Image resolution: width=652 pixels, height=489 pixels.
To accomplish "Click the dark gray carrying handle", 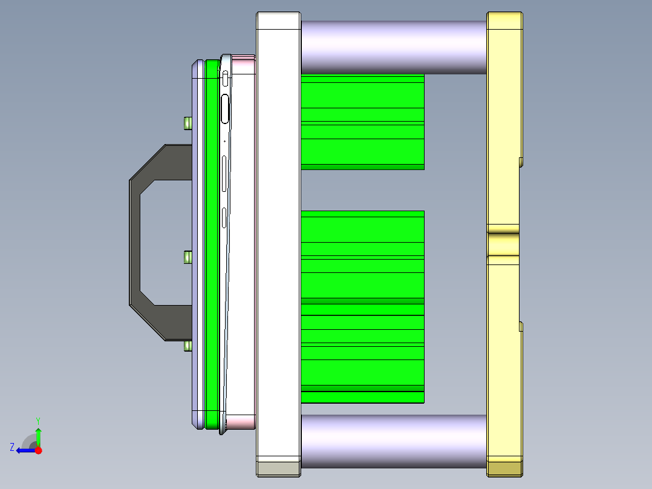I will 135,242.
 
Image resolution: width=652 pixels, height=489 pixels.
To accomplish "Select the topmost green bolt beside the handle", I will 187,123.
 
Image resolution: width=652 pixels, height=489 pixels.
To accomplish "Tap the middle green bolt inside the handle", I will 187,257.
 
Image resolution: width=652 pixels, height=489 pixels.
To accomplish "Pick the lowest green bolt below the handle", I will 187,346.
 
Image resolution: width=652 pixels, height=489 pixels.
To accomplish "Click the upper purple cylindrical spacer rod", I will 393,47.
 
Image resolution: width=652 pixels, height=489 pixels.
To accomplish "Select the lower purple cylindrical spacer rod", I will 393,441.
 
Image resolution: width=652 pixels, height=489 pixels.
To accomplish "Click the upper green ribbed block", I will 362,122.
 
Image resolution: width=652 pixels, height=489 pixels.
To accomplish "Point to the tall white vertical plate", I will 279,242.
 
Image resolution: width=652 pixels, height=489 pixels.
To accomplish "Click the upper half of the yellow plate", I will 503,121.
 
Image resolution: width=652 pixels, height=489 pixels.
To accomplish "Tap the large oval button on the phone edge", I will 226,109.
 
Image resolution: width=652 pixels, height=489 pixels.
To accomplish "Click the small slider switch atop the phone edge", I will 226,77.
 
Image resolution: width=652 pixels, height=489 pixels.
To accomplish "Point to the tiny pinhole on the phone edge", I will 224,142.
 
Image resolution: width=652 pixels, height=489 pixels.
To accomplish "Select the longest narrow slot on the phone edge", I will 225,174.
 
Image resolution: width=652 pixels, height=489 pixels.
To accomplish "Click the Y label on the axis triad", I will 38,420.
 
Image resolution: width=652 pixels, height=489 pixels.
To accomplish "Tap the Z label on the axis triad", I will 12,447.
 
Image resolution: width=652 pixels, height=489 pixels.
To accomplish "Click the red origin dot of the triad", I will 38,450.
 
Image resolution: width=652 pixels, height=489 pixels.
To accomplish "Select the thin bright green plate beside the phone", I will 212,242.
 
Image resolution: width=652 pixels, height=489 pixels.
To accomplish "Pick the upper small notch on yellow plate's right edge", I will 521,161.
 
